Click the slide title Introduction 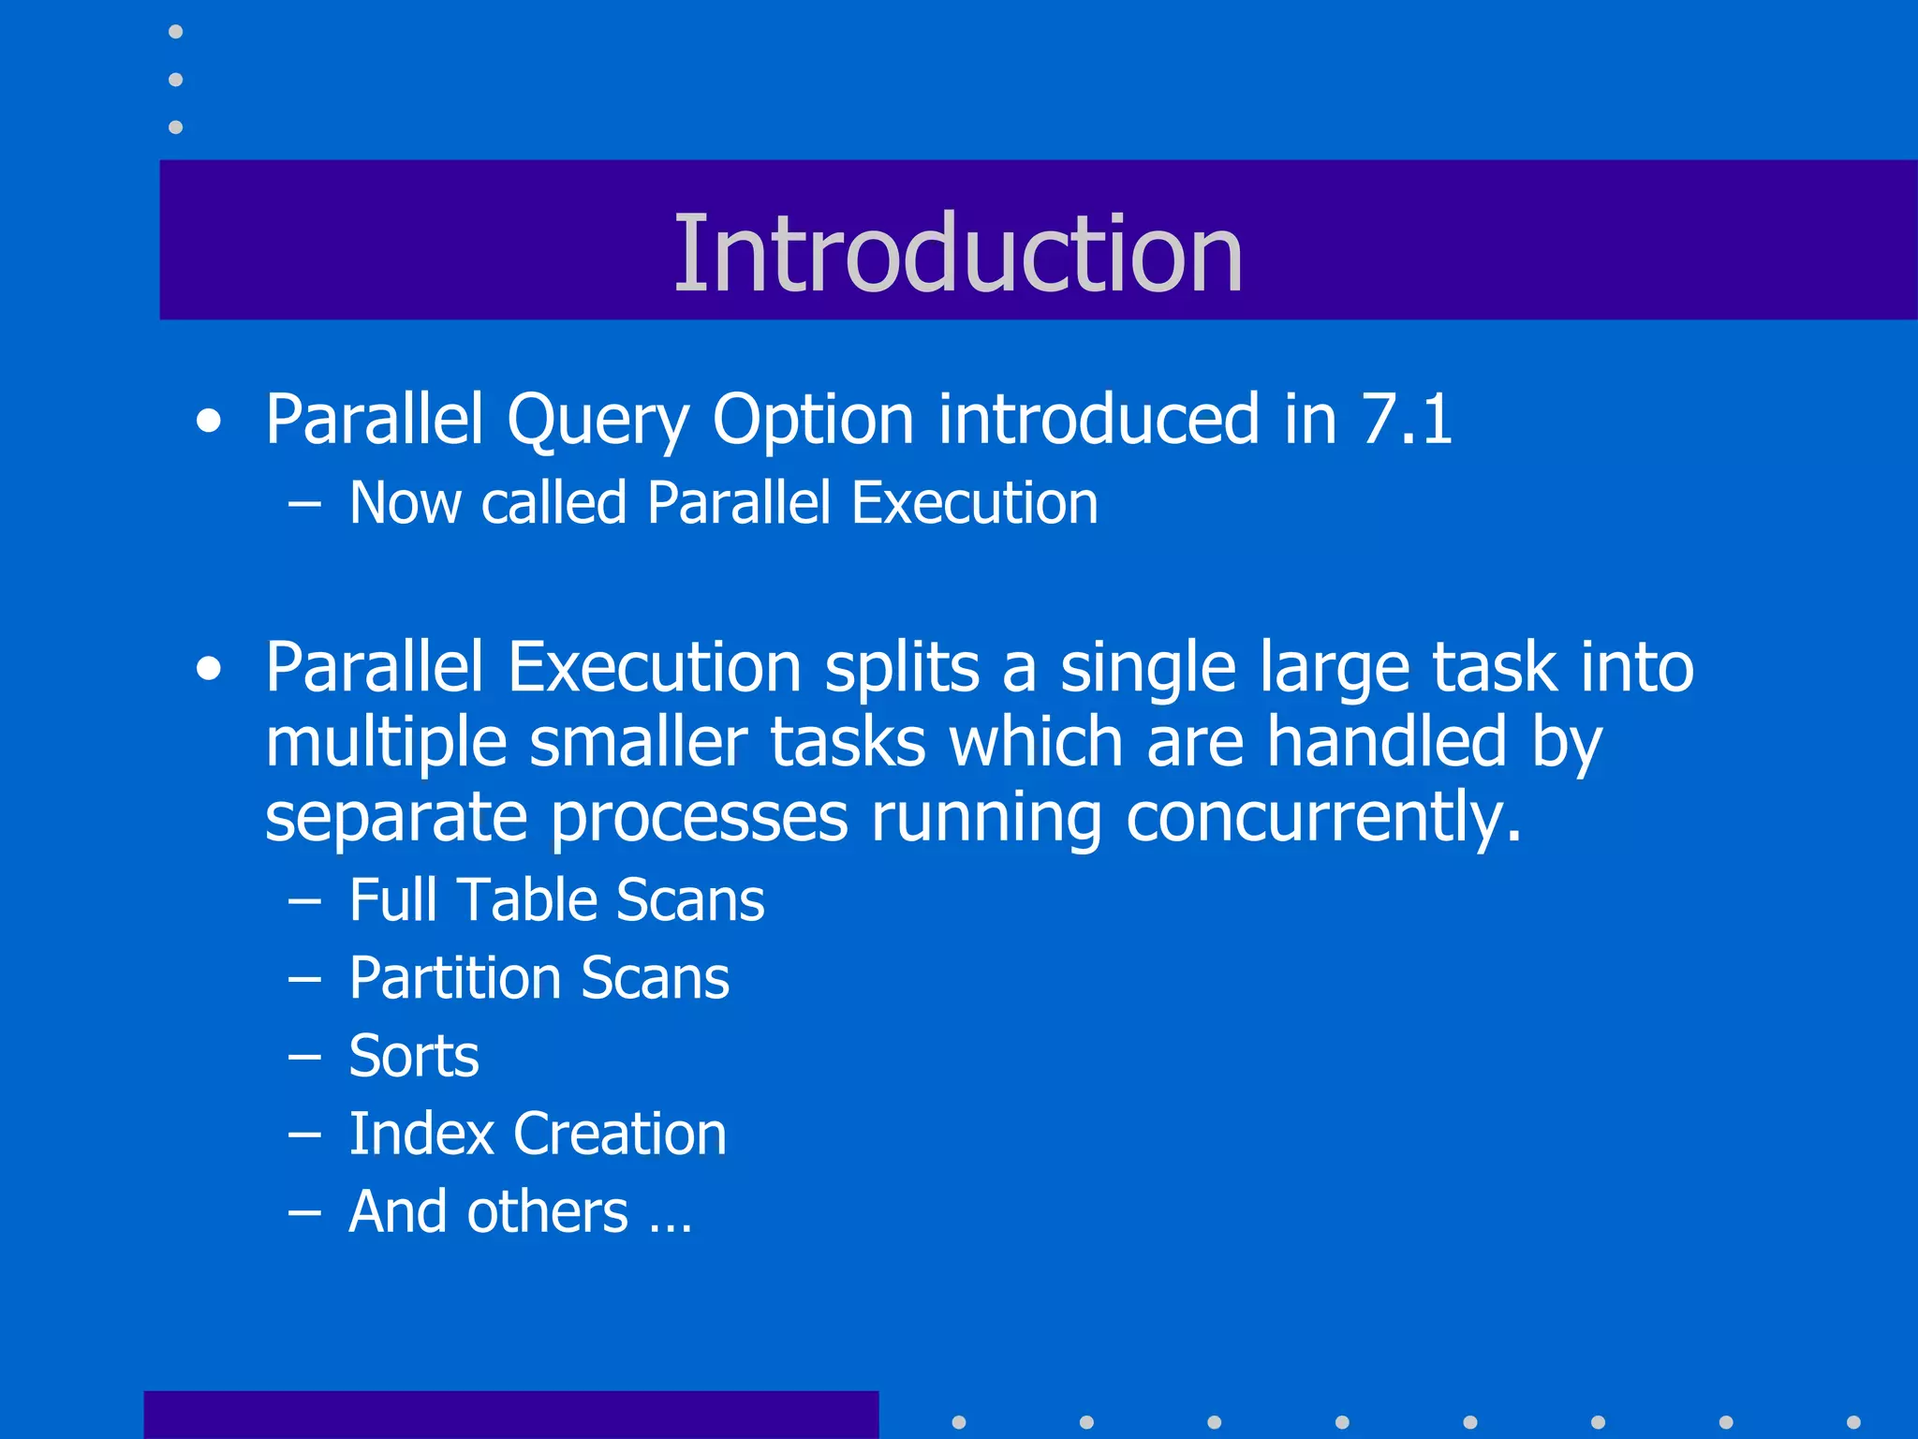(957, 253)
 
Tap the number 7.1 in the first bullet (1406, 419)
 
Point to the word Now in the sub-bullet (405, 503)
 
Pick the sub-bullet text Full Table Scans (556, 900)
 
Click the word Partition (453, 979)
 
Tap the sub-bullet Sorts (413, 1057)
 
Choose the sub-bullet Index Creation (538, 1135)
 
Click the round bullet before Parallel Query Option (210, 422)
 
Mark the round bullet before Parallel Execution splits (210, 670)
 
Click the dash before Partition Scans (304, 980)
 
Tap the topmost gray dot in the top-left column (175, 32)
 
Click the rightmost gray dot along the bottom (1853, 1422)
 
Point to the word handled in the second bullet (1387, 743)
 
